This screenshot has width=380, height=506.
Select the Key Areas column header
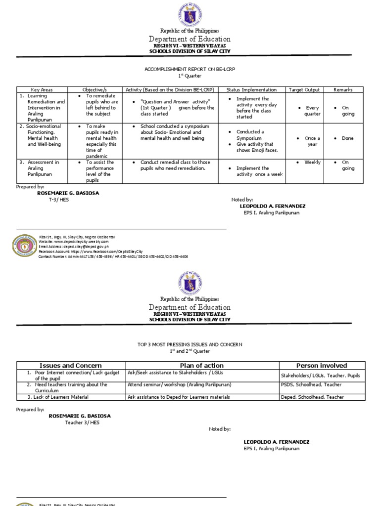pyautogui.click(x=42, y=90)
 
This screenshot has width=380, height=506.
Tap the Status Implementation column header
pyautogui.click(x=251, y=90)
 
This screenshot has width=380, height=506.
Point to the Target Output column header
pyautogui.click(x=304, y=90)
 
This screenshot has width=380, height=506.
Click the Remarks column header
pyautogui.click(x=343, y=90)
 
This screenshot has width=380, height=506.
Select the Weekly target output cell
pyautogui.click(x=312, y=162)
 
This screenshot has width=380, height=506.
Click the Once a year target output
pyautogui.click(x=312, y=141)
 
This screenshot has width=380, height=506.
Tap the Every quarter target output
pyautogui.click(x=312, y=111)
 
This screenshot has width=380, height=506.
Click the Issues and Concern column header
pyautogui.click(x=71, y=365)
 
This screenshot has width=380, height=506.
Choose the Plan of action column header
pyautogui.click(x=202, y=365)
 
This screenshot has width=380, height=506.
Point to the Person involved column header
pyautogui.click(x=322, y=365)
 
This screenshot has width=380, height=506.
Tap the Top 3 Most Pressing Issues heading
pyautogui.click(x=190, y=344)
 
